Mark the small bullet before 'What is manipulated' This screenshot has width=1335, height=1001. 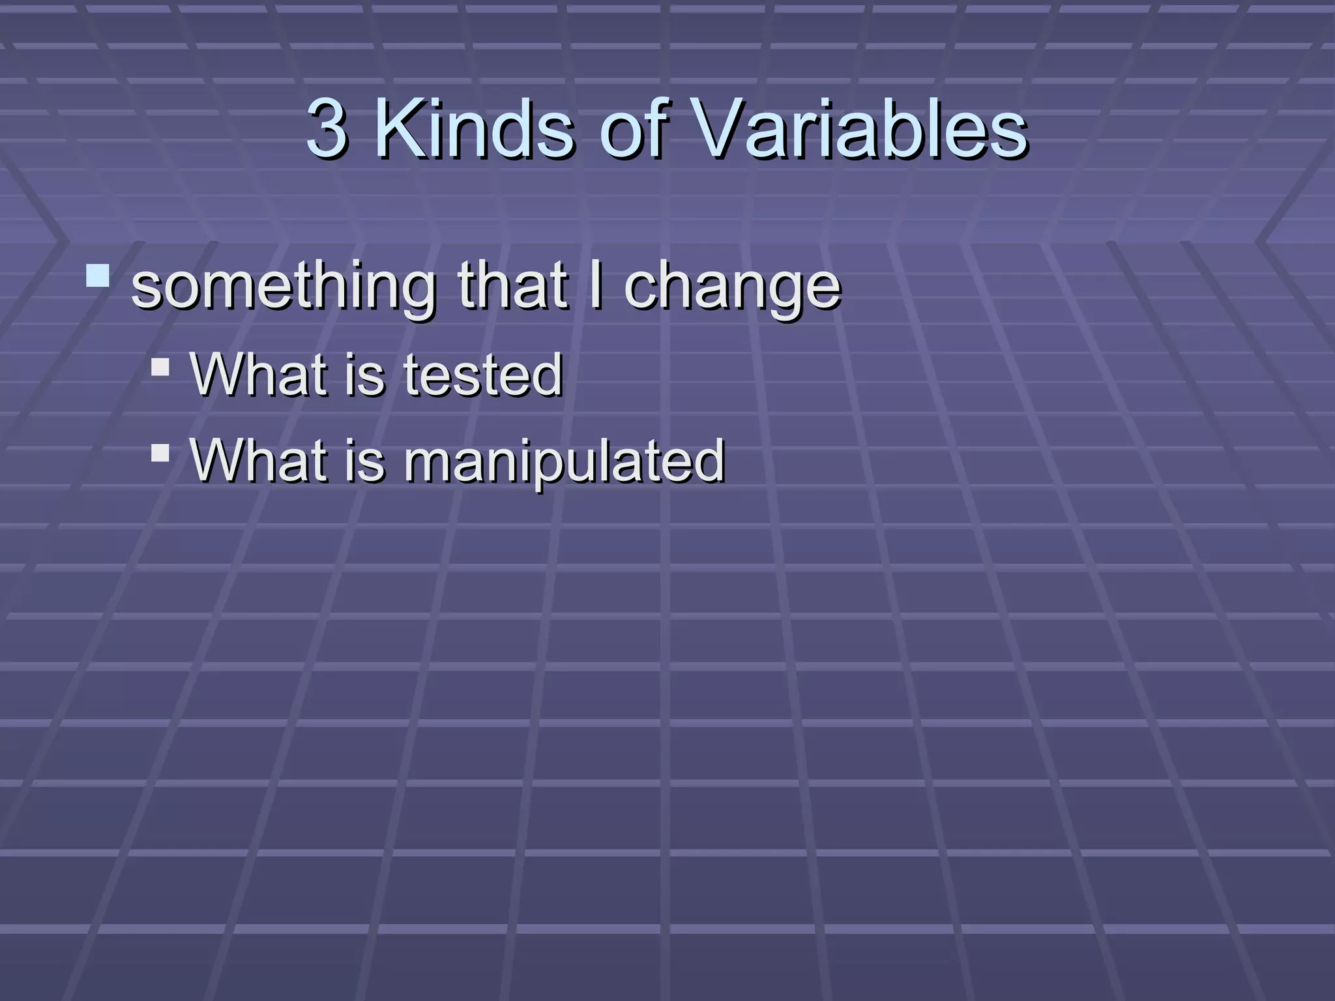160,452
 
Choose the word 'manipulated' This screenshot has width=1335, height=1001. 564,461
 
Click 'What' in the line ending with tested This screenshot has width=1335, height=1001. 258,375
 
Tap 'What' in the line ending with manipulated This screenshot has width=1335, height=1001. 258,460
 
